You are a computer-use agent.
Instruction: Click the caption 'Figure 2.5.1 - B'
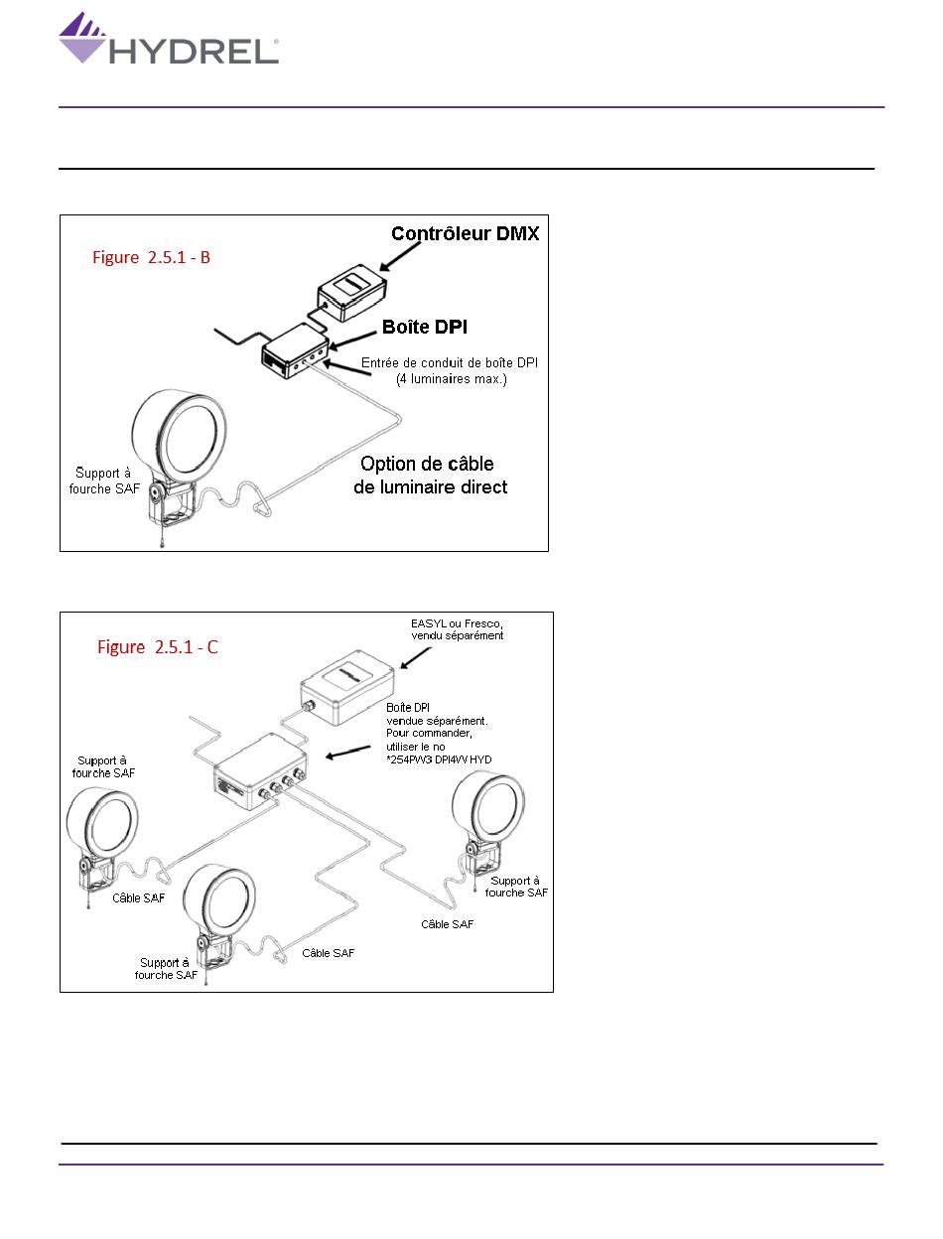[152, 257]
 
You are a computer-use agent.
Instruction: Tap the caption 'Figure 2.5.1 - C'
[158, 647]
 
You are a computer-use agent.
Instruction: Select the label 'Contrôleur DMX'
[465, 234]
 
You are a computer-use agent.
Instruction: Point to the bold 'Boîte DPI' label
[424, 327]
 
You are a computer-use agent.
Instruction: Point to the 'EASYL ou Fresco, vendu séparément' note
[458, 629]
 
